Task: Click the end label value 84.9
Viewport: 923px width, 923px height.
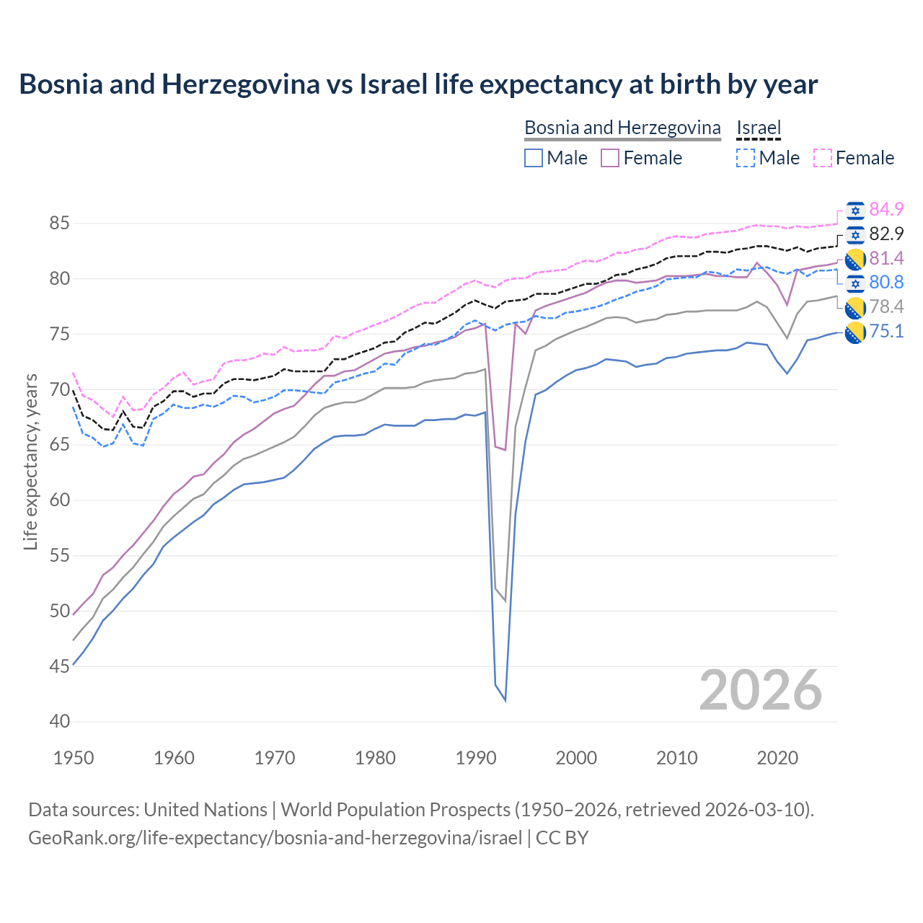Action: pyautogui.click(x=886, y=209)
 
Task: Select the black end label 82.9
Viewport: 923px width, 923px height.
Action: pyautogui.click(x=886, y=234)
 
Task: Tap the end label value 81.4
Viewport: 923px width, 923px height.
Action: pyautogui.click(x=886, y=258)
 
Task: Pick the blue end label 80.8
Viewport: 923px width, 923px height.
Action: pyautogui.click(x=886, y=282)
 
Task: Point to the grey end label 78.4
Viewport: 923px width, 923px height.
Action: pyautogui.click(x=886, y=307)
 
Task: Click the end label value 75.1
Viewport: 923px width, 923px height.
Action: pyautogui.click(x=886, y=332)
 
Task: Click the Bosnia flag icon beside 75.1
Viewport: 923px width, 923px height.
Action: pyautogui.click(x=855, y=332)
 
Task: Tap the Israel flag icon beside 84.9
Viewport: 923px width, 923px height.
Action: pyautogui.click(x=855, y=211)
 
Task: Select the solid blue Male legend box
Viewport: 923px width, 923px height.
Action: pyautogui.click(x=534, y=158)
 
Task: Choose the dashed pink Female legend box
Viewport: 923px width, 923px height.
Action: pyautogui.click(x=823, y=158)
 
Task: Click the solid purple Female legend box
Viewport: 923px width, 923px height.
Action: pyautogui.click(x=610, y=158)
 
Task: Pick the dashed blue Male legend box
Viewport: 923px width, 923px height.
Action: pyautogui.click(x=746, y=158)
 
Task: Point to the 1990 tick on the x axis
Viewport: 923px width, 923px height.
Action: pyautogui.click(x=476, y=758)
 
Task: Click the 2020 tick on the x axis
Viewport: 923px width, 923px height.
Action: pyautogui.click(x=777, y=758)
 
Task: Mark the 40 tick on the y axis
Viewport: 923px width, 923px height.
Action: pyautogui.click(x=60, y=722)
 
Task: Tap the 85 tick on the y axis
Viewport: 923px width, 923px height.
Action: pyautogui.click(x=60, y=224)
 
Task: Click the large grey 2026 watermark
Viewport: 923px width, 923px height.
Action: pyautogui.click(x=760, y=690)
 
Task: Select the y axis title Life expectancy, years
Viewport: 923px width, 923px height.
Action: pyautogui.click(x=31, y=461)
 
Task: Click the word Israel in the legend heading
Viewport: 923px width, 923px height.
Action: pyautogui.click(x=759, y=128)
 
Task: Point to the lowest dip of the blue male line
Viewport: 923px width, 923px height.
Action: pyautogui.click(x=505, y=700)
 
